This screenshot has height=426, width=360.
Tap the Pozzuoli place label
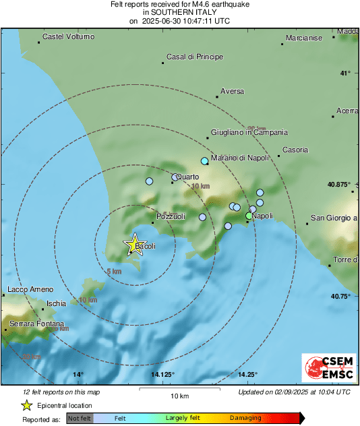170,217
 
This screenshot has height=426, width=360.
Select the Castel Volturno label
68,36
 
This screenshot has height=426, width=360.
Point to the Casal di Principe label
194,57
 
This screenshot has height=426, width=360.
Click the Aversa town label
233,91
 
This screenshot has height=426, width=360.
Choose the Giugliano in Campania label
249,133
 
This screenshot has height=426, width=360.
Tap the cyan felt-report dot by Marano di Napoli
205,161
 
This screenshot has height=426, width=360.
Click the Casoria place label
295,150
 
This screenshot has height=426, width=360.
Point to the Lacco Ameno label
29,290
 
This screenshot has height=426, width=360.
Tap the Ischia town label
56,303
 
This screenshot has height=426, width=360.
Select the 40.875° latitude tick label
337,184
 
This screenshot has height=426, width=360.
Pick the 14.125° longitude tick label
162,375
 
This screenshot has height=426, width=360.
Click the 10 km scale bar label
179,396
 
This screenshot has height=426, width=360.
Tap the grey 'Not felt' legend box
78,419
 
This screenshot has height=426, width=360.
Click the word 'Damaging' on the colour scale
245,419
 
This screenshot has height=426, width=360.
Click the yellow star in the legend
26,406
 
